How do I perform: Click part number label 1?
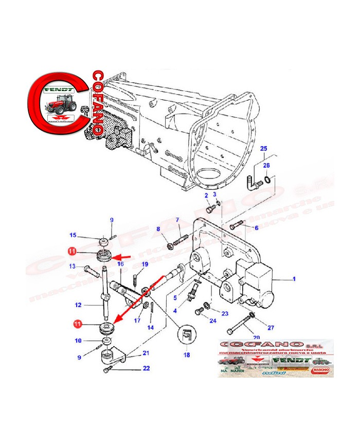(x=295, y=279)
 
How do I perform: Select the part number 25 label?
(x=264, y=149)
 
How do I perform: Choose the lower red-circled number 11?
(x=77, y=324)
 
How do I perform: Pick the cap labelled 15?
(x=103, y=241)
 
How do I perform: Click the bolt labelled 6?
(x=236, y=225)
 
